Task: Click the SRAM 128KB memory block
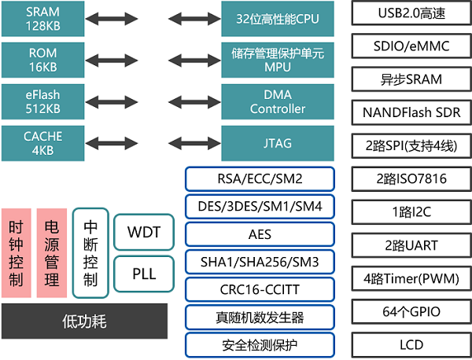42,19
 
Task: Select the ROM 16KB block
42,60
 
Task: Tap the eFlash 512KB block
42,101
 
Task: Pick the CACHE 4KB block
42,143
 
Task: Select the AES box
260,233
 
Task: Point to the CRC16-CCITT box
260,288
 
